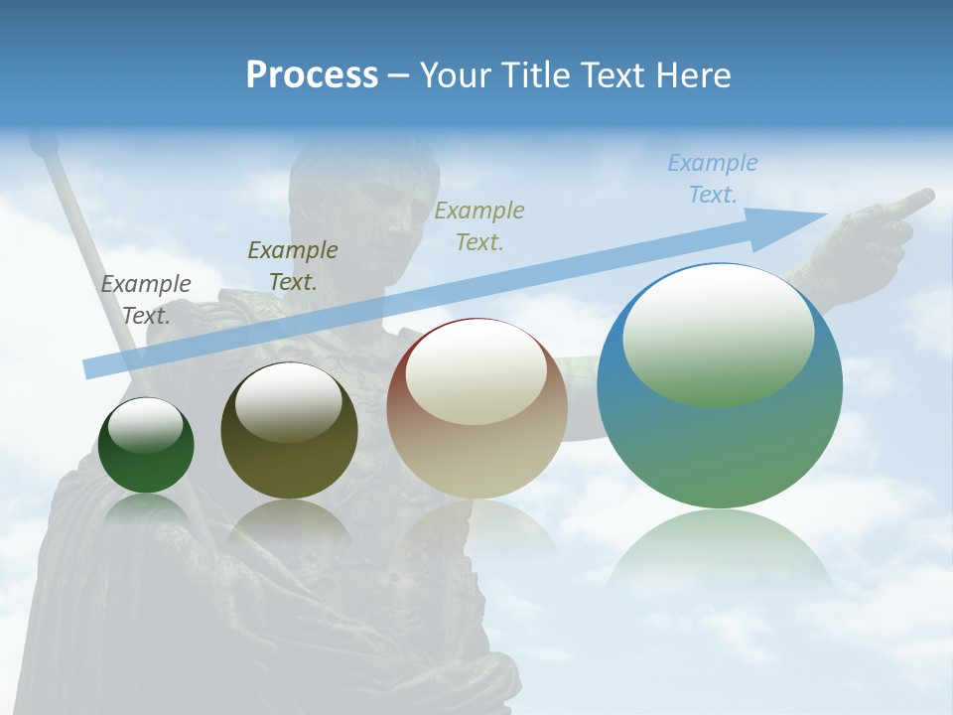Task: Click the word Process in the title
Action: tap(312, 75)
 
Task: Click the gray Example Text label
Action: tap(146, 299)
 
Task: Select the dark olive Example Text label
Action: tap(293, 265)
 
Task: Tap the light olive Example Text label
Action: tap(479, 225)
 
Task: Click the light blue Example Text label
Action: tap(713, 179)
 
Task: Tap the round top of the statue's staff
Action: tap(41, 146)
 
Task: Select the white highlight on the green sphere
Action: tap(145, 425)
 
